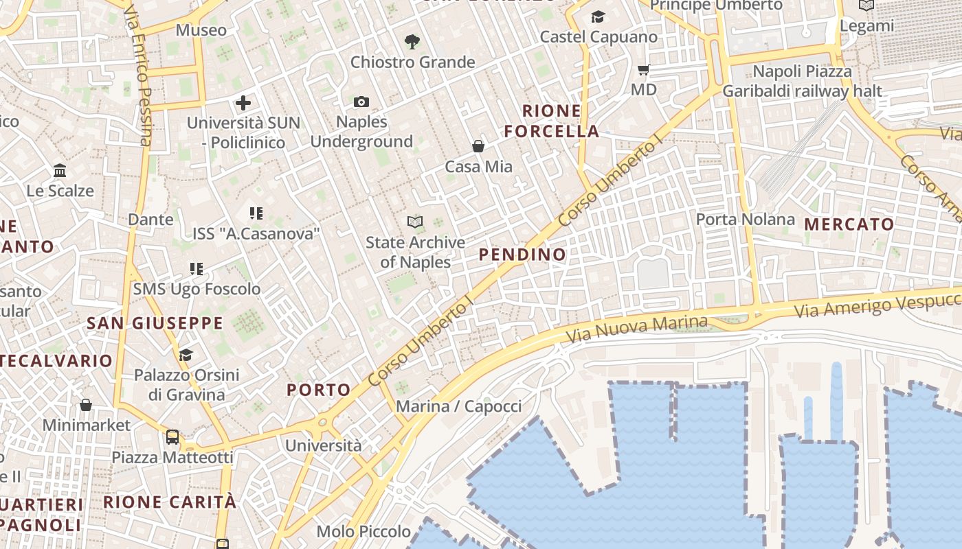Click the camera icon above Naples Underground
pos(361,102)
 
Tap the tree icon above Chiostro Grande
pos(412,42)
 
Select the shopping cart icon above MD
pos(644,69)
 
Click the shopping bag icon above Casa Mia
pos(478,146)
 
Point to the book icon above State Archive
pos(414,222)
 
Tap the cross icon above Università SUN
pos(243,104)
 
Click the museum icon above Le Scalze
pos(60,170)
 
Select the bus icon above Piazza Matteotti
pos(172,437)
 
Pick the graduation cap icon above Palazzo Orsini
pos(186,355)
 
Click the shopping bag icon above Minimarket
pos(86,405)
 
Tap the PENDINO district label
pos(522,255)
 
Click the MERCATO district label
pos(849,224)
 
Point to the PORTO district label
pos(319,390)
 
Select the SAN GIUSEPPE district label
pos(155,323)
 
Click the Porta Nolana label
pos(746,220)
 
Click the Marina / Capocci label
pos(459,406)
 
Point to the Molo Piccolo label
pos(363,531)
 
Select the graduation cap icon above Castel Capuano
pos(599,16)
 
